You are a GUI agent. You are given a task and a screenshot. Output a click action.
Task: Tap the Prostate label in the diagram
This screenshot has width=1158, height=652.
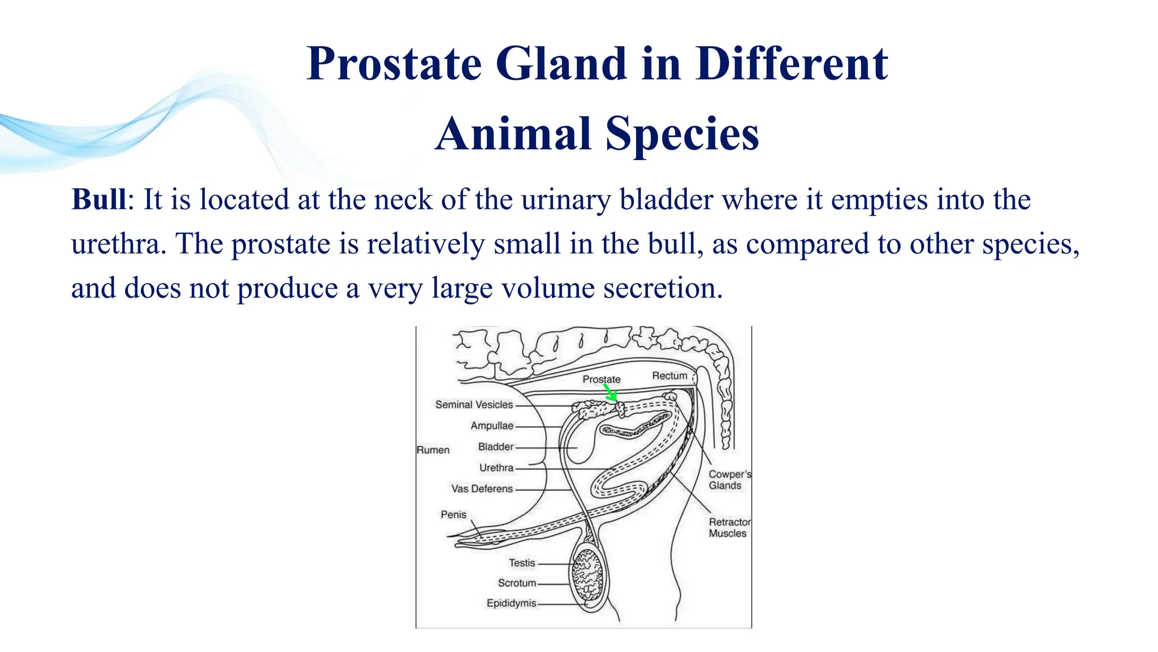[x=601, y=379]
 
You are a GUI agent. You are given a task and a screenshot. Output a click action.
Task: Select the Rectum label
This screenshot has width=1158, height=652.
[x=669, y=376]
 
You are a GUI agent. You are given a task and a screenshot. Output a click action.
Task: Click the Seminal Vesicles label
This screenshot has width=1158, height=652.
[x=474, y=405]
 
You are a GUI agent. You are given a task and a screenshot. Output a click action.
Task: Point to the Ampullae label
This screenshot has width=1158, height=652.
[x=492, y=426]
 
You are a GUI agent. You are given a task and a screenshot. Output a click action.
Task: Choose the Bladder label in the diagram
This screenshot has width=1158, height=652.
[x=496, y=447]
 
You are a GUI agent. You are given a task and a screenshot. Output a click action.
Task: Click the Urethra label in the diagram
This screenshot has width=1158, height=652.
[x=496, y=467]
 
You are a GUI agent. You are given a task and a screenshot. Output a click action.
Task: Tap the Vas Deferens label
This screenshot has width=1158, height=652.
[x=482, y=488]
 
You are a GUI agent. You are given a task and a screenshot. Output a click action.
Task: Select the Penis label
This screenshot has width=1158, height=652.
[x=453, y=514]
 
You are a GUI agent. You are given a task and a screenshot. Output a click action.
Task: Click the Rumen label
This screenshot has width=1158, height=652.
[x=433, y=450]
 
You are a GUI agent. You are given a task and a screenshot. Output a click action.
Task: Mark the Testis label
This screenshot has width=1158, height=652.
[x=521, y=563]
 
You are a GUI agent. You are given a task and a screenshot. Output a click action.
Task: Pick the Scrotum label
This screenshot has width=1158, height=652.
[x=517, y=583]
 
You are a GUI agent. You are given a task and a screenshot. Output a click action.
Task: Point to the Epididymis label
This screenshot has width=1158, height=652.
[x=511, y=603]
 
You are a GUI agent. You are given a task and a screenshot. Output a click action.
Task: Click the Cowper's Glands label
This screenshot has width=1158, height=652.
[x=729, y=480]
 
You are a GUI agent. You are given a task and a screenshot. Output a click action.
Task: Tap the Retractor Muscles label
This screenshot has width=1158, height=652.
[x=729, y=527]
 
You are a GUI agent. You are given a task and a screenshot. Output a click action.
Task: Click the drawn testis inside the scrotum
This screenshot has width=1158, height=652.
[x=588, y=574]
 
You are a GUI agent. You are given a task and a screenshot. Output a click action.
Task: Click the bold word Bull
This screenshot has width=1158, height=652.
[x=99, y=200]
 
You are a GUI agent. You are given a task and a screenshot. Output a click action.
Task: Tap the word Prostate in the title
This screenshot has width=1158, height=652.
[x=394, y=63]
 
